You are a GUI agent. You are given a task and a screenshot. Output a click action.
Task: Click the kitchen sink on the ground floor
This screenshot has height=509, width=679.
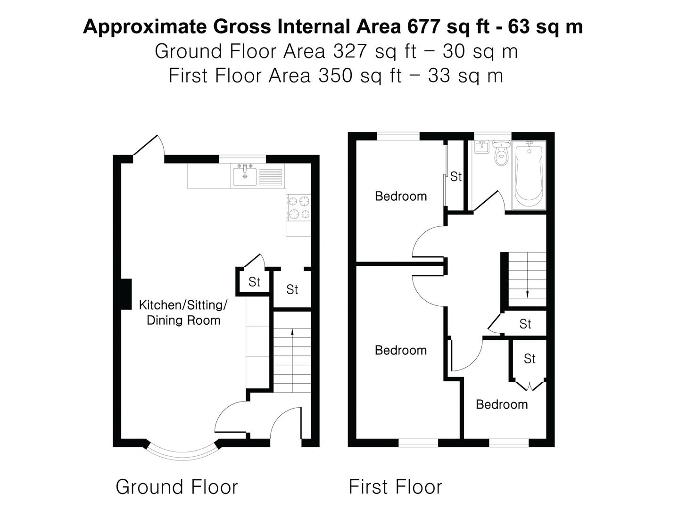[244, 175]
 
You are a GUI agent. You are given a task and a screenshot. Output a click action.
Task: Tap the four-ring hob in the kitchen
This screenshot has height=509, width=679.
[299, 208]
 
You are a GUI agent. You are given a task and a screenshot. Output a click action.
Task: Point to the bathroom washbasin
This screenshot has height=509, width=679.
[481, 147]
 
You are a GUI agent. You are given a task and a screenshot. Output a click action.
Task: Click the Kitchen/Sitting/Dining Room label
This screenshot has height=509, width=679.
[183, 312]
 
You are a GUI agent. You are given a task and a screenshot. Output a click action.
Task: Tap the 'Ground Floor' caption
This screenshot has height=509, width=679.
[176, 487]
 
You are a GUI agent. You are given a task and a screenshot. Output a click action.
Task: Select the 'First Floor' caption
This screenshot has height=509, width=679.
[395, 487]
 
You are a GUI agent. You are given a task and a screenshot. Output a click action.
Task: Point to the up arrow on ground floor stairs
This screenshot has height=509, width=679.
[292, 332]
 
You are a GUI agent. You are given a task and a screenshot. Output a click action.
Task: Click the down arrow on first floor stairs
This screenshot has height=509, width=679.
[527, 294]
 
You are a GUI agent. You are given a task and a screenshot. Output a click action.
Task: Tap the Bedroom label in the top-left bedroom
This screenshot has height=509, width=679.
[400, 196]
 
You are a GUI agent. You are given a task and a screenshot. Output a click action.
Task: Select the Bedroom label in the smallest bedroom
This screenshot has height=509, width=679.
[501, 404]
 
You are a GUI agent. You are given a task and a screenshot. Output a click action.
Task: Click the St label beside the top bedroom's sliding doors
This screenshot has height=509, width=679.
[455, 177]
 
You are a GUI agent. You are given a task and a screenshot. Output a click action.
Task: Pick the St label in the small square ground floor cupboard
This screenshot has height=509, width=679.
[254, 282]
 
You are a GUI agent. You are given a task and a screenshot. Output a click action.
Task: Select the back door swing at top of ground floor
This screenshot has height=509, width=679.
[150, 146]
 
